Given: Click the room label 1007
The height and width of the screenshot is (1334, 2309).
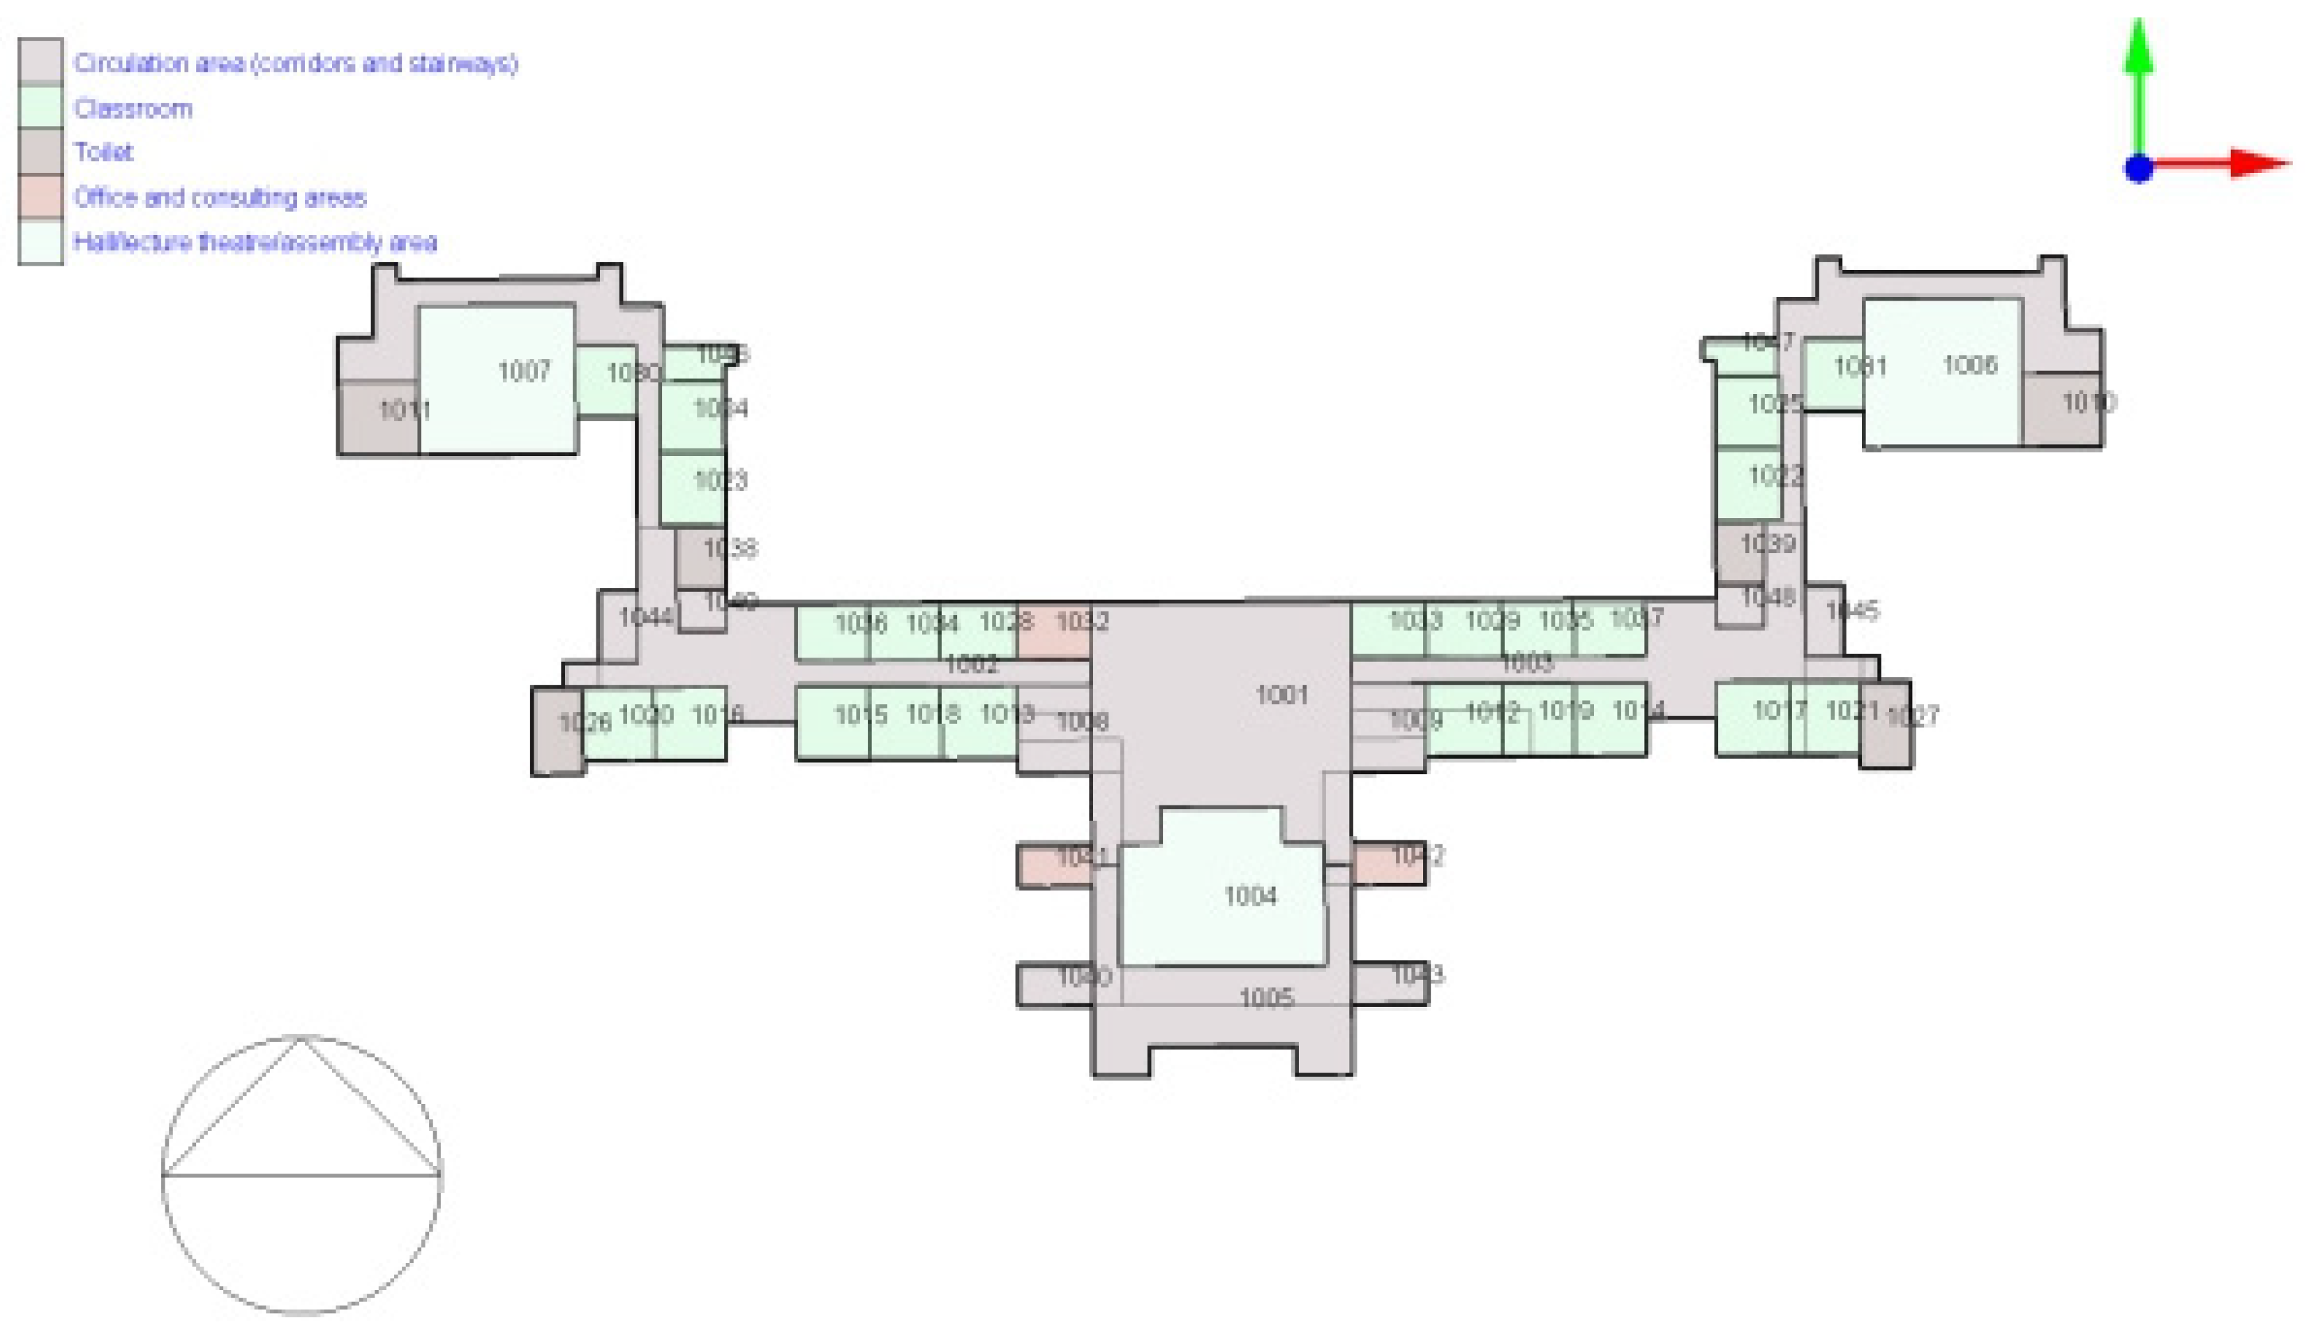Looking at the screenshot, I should point(523,371).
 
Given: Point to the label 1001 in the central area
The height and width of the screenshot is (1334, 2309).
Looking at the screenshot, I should point(1281,695).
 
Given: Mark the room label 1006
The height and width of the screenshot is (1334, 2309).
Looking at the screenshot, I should point(1969,365).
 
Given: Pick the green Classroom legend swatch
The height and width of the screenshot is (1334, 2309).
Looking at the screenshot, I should point(40,107).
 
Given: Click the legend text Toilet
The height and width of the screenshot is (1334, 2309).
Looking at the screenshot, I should point(103,152).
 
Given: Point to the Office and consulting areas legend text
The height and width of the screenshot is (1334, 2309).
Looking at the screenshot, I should point(220,197).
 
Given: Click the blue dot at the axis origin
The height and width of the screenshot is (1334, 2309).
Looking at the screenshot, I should point(2139,169).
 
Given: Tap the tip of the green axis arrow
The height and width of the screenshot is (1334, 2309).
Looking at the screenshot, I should point(2139,24).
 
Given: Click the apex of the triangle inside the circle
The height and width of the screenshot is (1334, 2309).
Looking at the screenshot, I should point(300,1038).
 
